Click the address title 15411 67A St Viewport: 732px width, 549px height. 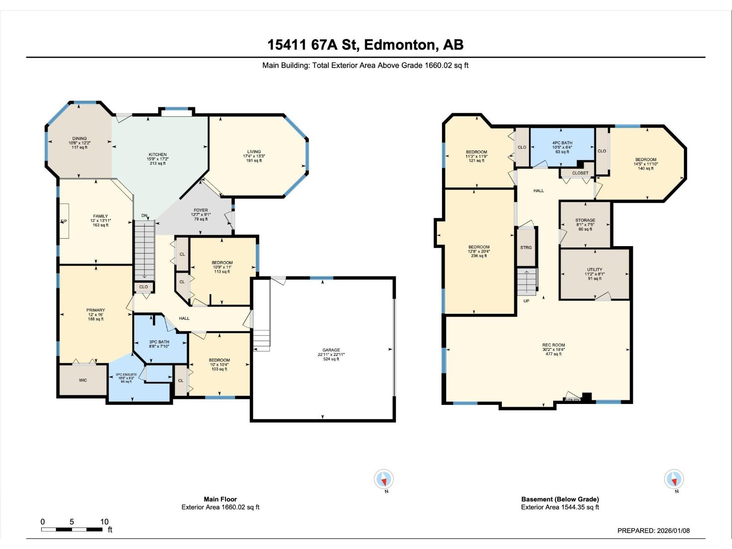[365, 45]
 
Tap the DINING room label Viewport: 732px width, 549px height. [79, 143]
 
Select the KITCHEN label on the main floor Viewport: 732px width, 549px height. [157, 159]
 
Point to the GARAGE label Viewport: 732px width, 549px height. [331, 354]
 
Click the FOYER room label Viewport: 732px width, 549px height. [200, 215]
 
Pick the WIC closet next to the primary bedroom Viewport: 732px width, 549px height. [83, 380]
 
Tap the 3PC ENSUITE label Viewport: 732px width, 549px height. [126, 377]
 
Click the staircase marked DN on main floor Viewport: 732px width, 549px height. [145, 249]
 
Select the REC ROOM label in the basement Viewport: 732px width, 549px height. [553, 349]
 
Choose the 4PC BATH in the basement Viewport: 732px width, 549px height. [562, 147]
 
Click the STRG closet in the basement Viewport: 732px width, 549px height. [526, 248]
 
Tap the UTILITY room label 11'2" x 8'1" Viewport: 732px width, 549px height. [594, 274]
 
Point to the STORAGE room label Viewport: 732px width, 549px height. [585, 224]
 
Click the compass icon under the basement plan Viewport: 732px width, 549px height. [674, 479]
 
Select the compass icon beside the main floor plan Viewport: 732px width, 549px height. [384, 479]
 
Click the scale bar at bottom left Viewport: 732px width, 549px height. [72, 529]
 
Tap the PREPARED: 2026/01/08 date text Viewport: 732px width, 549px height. [653, 531]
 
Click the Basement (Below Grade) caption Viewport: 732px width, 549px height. [560, 499]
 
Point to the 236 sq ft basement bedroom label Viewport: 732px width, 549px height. [479, 251]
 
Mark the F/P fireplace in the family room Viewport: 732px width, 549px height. [64, 221]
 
